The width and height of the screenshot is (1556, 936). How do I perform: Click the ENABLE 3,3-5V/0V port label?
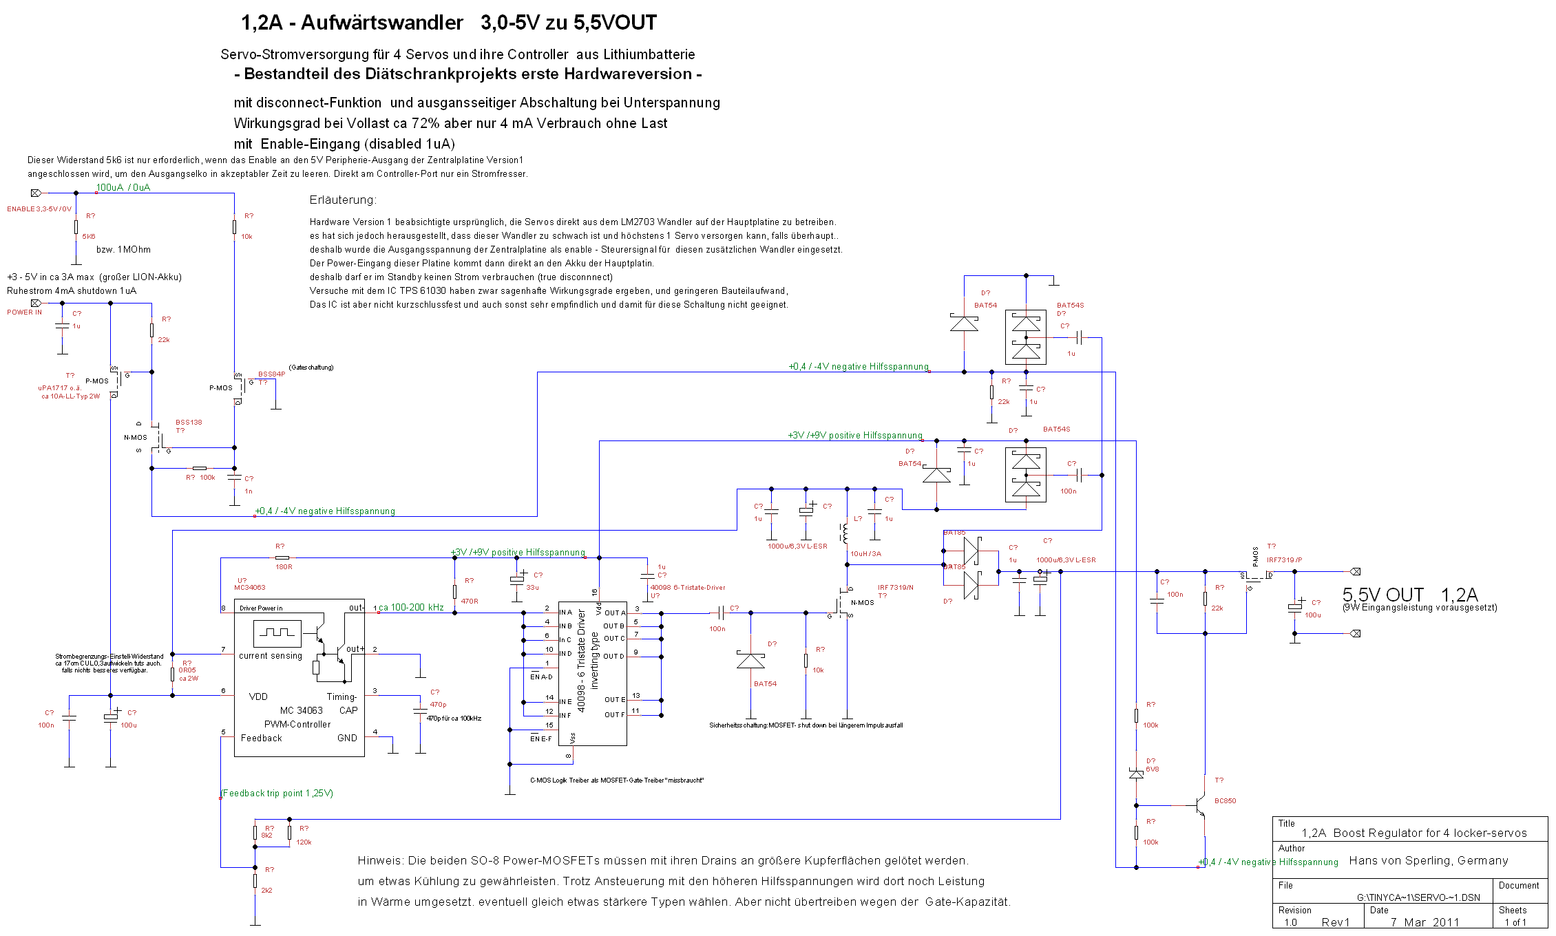(x=39, y=209)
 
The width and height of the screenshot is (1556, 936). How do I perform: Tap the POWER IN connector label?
(x=24, y=312)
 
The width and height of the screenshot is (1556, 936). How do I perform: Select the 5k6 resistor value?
(x=89, y=237)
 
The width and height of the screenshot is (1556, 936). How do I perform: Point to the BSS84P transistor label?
(x=271, y=374)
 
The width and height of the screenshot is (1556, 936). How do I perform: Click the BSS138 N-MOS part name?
(x=189, y=423)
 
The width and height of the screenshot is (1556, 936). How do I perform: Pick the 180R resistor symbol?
(x=282, y=557)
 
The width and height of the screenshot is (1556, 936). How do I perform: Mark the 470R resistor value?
(x=470, y=602)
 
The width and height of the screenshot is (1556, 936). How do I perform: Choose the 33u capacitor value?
(x=532, y=588)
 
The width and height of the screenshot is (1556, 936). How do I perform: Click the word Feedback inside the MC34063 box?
(x=261, y=738)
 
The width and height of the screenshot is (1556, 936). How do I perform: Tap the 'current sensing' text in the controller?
(x=271, y=656)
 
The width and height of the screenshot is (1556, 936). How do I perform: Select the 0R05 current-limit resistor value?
(x=187, y=670)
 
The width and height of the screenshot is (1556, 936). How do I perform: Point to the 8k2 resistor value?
(x=266, y=836)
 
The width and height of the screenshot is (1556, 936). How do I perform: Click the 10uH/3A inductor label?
(x=865, y=554)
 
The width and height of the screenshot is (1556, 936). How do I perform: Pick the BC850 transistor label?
(x=1225, y=801)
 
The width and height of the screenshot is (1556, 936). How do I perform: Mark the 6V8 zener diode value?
(x=1152, y=769)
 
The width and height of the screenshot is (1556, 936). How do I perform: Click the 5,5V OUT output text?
(x=1382, y=595)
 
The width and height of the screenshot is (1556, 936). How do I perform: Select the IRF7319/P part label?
(x=1284, y=560)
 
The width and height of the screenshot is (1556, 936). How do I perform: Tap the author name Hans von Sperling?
(x=1428, y=861)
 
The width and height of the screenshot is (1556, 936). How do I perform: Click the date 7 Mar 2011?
(x=1424, y=923)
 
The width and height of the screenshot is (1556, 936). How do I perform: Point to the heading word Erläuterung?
(x=343, y=200)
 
